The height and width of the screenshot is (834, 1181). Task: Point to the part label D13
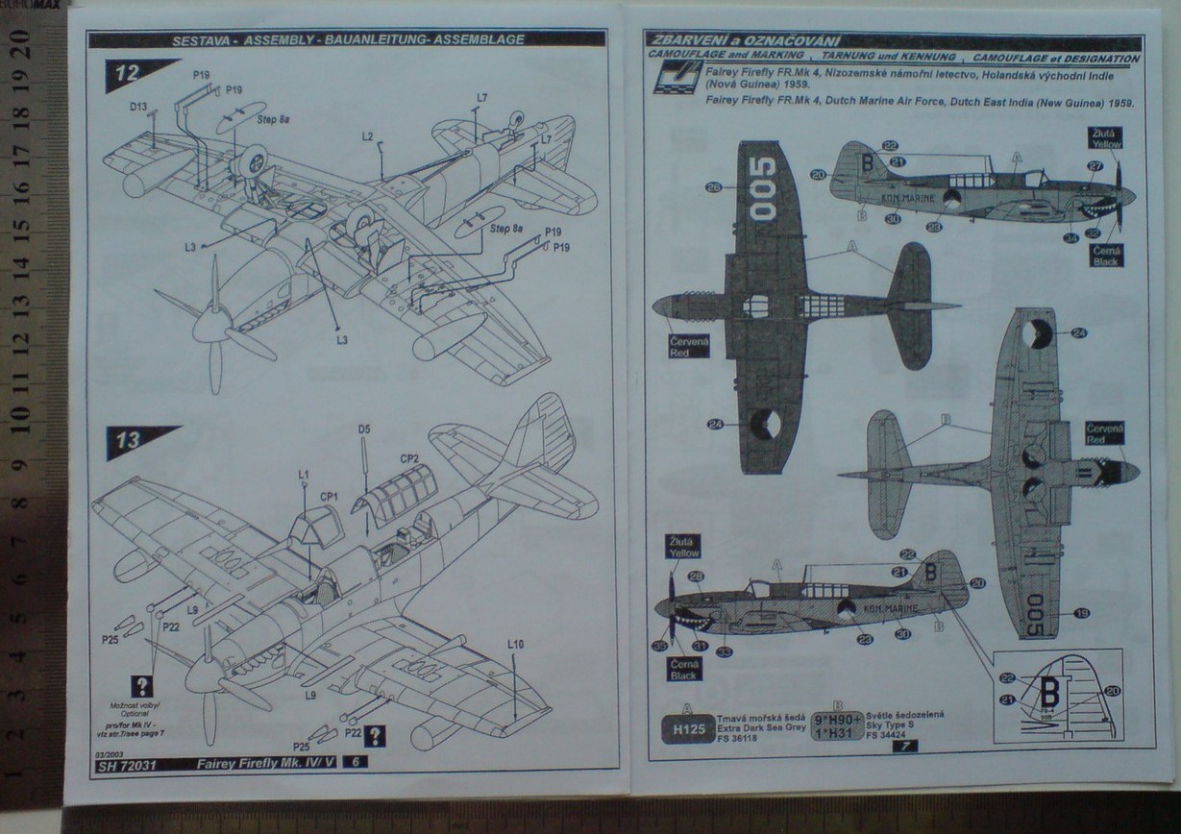(x=138, y=107)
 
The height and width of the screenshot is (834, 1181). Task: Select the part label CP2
(x=408, y=458)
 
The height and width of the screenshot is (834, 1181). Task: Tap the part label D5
(x=364, y=429)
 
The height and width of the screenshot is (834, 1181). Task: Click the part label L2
(x=367, y=137)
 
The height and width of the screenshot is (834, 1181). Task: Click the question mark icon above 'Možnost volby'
(x=143, y=686)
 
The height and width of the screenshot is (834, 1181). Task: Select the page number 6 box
(x=357, y=762)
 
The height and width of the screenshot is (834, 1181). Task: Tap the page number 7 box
(x=904, y=745)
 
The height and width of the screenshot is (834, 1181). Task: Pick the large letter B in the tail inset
(x=1049, y=690)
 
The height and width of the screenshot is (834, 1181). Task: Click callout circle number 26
(x=713, y=187)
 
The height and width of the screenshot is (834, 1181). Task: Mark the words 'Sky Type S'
(x=890, y=726)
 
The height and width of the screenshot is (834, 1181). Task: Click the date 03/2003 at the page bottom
(x=112, y=754)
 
